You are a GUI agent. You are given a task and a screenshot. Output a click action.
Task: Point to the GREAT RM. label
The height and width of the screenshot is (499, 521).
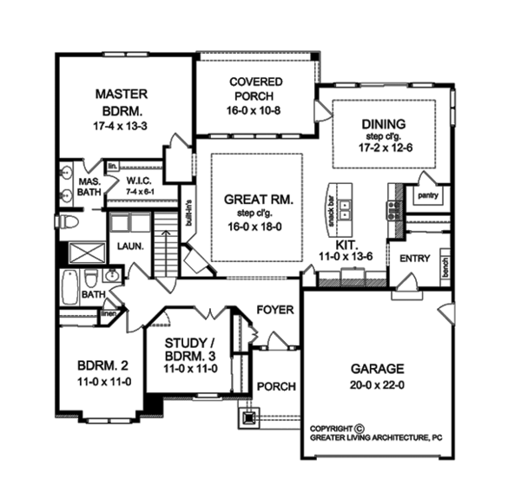click(x=258, y=200)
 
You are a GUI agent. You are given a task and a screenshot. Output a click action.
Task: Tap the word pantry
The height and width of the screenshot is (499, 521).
click(x=428, y=196)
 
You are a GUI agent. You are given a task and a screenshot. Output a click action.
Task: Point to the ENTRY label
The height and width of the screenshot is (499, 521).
click(x=415, y=259)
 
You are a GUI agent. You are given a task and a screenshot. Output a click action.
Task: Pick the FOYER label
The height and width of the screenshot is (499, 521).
click(x=276, y=309)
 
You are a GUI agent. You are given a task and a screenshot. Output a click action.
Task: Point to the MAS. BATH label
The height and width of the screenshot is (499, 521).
click(x=88, y=188)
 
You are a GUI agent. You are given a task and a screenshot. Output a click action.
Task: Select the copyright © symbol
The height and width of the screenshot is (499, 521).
click(x=359, y=427)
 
